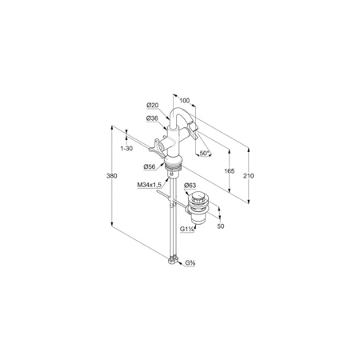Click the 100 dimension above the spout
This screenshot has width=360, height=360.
(184, 101)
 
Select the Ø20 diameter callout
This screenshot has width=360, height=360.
(153, 106)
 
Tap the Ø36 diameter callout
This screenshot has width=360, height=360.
(152, 118)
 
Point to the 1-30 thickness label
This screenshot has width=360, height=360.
(126, 148)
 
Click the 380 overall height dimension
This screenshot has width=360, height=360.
(112, 176)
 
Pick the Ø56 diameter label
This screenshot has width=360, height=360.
(150, 166)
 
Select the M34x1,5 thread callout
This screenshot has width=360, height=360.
(150, 185)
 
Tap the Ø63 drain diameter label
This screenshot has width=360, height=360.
(190, 185)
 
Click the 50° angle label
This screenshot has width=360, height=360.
(205, 154)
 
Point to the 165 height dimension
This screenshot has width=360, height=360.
(230, 171)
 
